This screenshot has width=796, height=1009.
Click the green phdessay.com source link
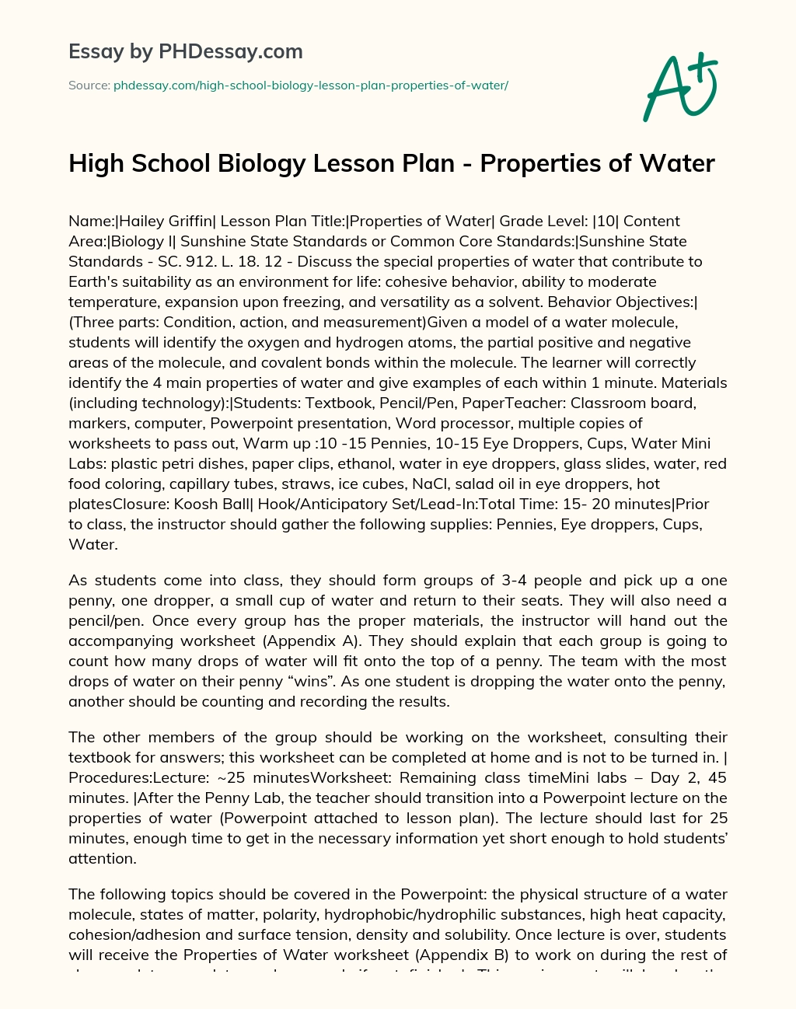click(x=310, y=86)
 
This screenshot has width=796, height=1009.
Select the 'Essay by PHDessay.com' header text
click(x=185, y=51)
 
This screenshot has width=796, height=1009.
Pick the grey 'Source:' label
click(x=89, y=86)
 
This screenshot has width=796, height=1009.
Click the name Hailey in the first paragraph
click(x=138, y=221)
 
